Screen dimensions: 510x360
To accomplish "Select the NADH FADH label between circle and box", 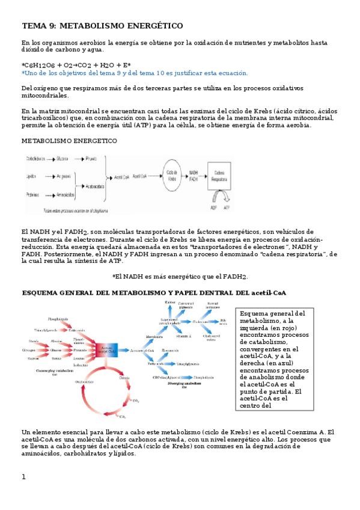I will tap(194, 176).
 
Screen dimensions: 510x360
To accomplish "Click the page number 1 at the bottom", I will tap(23, 477).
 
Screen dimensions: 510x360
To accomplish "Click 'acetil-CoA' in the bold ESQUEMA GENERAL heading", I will tap(267, 292).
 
